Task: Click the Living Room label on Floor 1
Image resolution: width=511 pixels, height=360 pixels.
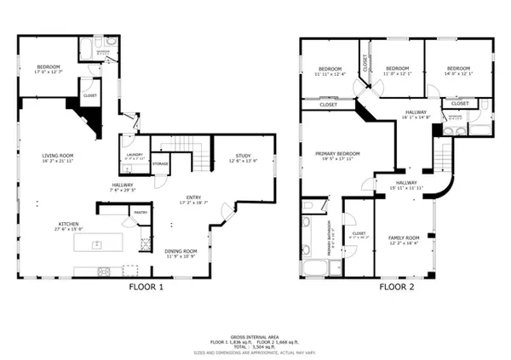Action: click(x=59, y=157)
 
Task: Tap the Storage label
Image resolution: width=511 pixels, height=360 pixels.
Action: click(x=160, y=163)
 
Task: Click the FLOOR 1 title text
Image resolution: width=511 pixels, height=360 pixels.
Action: click(x=146, y=287)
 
